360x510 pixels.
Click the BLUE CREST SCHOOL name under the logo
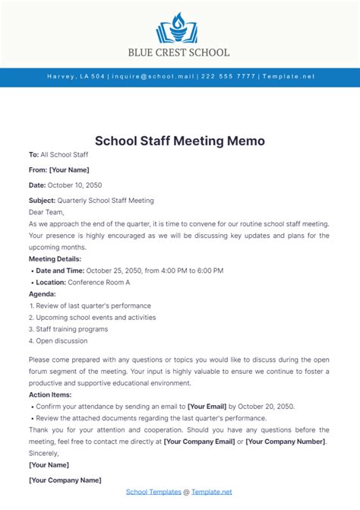[x=180, y=52]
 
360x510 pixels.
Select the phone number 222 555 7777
[x=229, y=77]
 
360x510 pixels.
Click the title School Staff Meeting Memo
[x=180, y=141]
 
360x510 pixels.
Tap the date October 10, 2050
[x=75, y=185]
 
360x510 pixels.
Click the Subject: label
[x=42, y=201]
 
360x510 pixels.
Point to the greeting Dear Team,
[x=46, y=212]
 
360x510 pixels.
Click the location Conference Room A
[x=99, y=282]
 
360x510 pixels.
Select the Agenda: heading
[x=42, y=293]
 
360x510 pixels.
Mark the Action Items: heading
[x=52, y=395]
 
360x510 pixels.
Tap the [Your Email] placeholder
[x=211, y=407]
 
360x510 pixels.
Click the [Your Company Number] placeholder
[x=286, y=442]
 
